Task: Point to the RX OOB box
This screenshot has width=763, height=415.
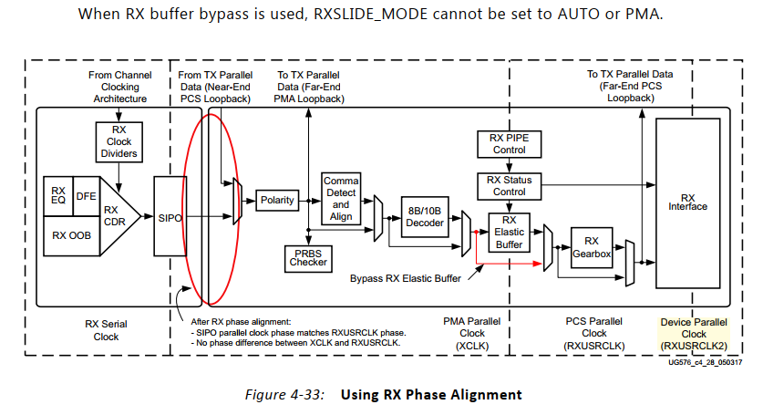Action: [70, 234]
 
